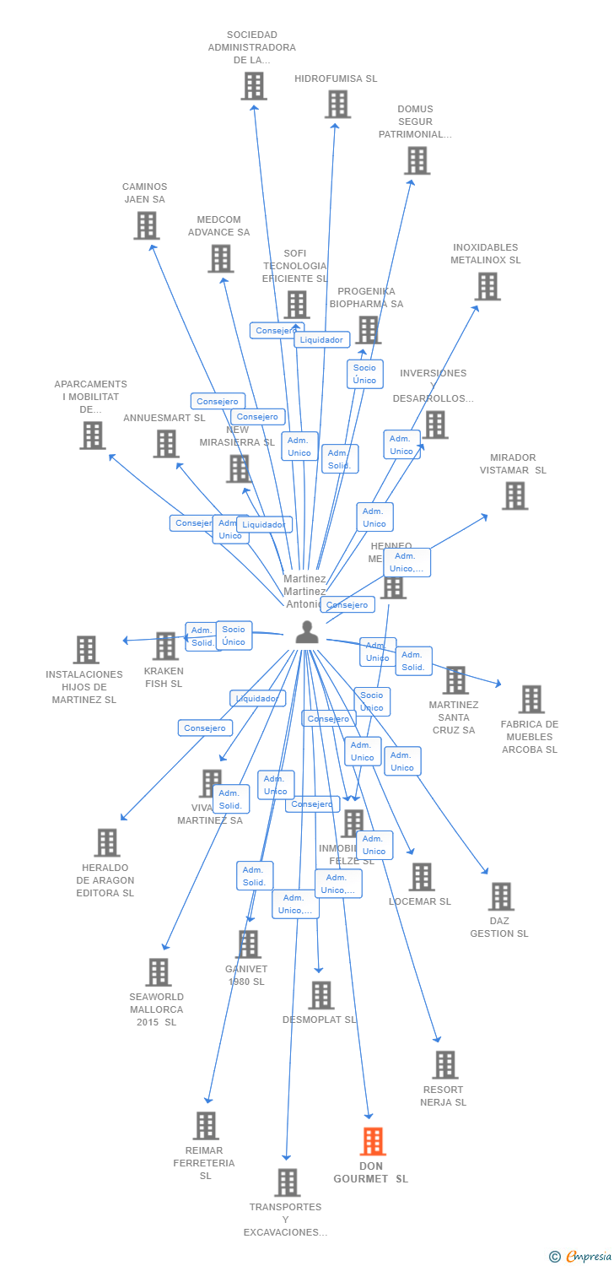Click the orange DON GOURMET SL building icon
[x=373, y=1141]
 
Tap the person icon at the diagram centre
[x=307, y=632]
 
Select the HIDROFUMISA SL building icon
[x=337, y=105]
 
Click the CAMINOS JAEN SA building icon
[x=146, y=225]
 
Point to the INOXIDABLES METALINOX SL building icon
[x=487, y=286]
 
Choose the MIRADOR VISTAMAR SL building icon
[x=514, y=495]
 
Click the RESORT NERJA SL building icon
[x=445, y=1065]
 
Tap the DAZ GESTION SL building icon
[x=501, y=896]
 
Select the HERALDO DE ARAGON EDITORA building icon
[x=107, y=842]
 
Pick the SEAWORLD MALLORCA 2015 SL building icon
[x=159, y=972]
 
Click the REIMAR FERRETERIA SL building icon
[x=206, y=1126]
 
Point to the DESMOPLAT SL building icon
[x=320, y=995]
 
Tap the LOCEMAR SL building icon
[x=422, y=877]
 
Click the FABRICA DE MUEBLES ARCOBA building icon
[x=531, y=699]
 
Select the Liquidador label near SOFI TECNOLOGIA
[x=321, y=340]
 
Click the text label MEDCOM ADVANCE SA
[x=218, y=226]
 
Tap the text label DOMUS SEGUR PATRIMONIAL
[x=415, y=122]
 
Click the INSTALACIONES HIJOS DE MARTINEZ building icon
[x=86, y=650]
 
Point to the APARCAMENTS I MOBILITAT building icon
[x=93, y=436]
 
